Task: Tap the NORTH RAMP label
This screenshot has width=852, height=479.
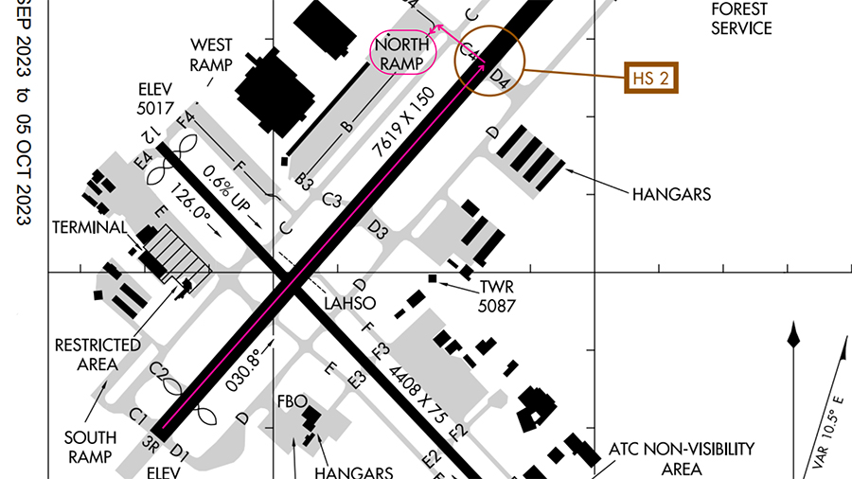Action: coord(402,52)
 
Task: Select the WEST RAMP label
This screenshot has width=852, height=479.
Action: coord(212,54)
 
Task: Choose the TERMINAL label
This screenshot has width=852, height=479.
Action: coord(90,227)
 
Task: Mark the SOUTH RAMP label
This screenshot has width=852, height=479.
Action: coord(90,447)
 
